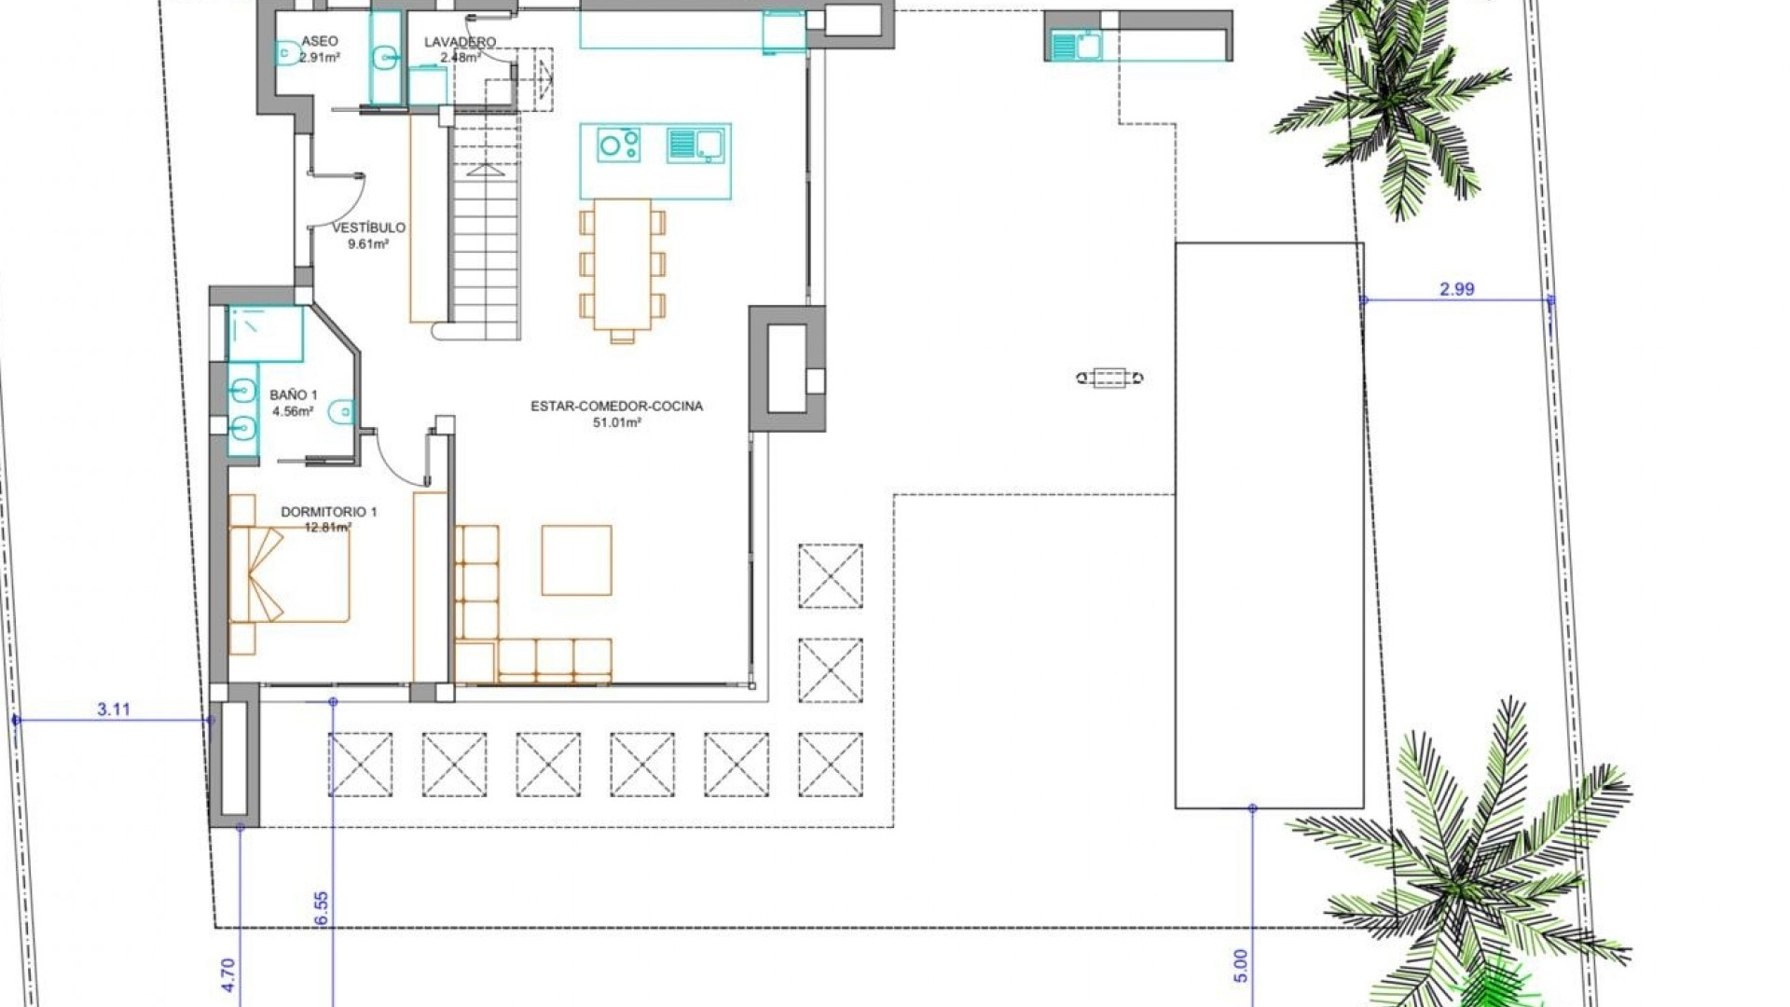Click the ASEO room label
click(x=319, y=41)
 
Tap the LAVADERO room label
click(x=460, y=42)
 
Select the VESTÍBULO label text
click(x=368, y=228)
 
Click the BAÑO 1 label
click(x=293, y=395)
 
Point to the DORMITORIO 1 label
click(x=328, y=512)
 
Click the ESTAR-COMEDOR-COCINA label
click(x=616, y=407)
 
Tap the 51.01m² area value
click(x=616, y=422)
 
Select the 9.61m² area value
click(x=367, y=244)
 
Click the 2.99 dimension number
click(x=1456, y=289)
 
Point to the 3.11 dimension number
click(x=114, y=710)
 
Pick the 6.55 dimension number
click(x=322, y=907)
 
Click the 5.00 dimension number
click(x=1240, y=965)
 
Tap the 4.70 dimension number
click(x=229, y=974)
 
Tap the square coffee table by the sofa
click(x=576, y=559)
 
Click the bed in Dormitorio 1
click(x=290, y=574)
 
